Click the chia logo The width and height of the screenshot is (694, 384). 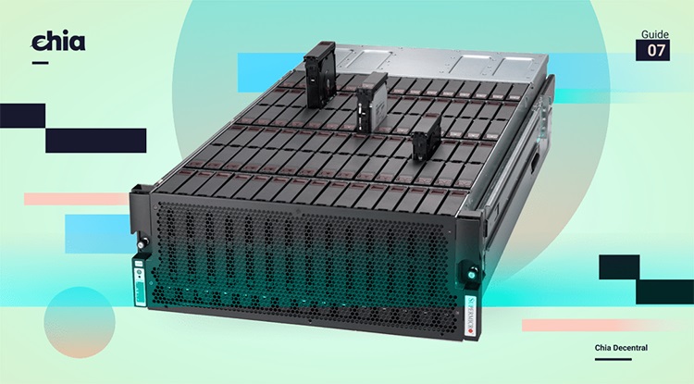(x=58, y=41)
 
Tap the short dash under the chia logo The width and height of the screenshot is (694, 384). (x=41, y=63)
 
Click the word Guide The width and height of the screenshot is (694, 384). (x=655, y=34)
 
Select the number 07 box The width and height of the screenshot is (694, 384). (x=653, y=50)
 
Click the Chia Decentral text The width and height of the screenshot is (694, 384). (x=621, y=348)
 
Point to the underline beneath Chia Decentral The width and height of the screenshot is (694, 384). (x=613, y=359)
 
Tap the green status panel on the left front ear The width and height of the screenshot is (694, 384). (x=140, y=282)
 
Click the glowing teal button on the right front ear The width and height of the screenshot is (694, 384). (x=470, y=275)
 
